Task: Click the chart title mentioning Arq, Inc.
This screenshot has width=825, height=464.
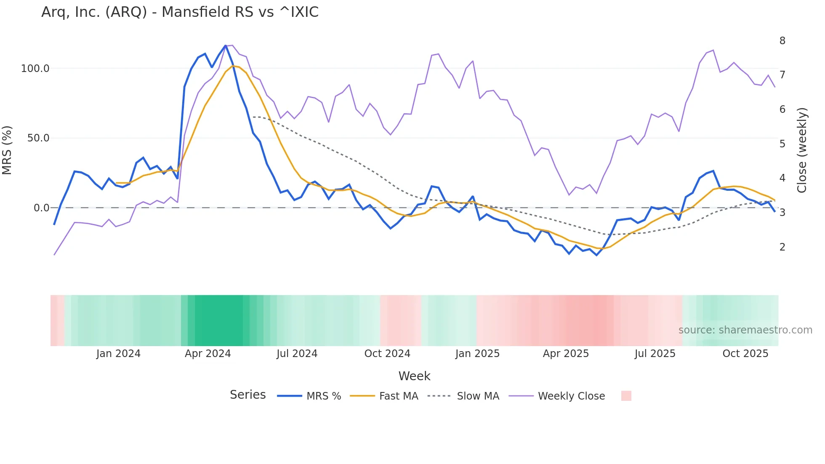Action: [180, 12]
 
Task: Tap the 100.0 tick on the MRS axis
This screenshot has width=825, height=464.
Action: [35, 69]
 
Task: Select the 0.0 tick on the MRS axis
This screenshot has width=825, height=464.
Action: [41, 208]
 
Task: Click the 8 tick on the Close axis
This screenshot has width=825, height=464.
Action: [782, 41]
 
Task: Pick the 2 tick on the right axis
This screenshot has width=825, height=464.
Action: [782, 247]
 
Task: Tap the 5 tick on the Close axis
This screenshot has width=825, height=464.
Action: [782, 144]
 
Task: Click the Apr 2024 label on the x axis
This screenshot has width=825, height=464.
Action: [208, 354]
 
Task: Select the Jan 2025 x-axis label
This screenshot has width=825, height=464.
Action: [477, 354]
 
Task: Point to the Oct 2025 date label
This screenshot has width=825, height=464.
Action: [745, 354]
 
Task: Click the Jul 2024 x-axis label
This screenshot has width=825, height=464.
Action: [297, 354]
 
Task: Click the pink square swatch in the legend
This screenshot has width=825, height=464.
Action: [626, 396]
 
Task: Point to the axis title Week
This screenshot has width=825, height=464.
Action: [414, 376]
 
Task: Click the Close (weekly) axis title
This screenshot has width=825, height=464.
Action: [802, 150]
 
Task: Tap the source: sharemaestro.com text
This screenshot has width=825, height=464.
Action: [745, 330]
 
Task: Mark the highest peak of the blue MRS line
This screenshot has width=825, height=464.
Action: [226, 45]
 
